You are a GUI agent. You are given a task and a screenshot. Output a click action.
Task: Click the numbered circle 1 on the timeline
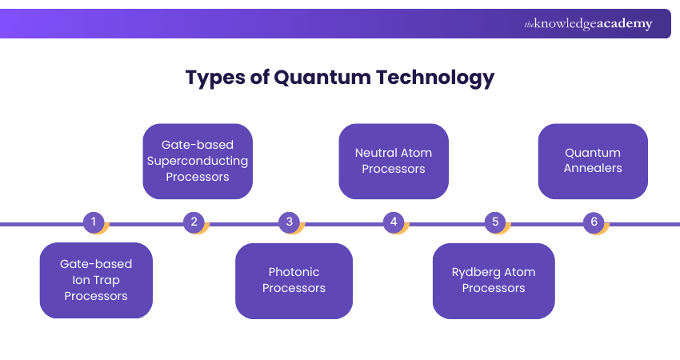coord(94,222)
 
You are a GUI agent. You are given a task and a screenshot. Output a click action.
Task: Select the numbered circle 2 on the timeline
coord(194,222)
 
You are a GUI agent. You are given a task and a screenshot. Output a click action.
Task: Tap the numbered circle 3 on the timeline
coord(290,222)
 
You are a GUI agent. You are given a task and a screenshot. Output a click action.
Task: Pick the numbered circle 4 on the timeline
coord(393,222)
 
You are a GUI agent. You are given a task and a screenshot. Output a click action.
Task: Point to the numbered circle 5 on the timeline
coord(495,222)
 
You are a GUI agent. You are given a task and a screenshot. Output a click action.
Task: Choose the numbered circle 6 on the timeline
coord(594,222)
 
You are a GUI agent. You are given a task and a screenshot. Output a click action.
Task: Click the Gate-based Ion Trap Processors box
coord(96,280)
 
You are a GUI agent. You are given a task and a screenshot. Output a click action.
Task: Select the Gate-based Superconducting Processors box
coord(198,161)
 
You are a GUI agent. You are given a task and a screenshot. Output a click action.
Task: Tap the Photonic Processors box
coord(294,280)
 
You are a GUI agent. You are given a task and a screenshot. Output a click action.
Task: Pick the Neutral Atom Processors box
coord(393,161)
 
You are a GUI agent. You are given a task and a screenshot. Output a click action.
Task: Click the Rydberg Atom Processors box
coord(494,280)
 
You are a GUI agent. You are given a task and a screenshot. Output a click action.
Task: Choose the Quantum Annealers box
coord(593,161)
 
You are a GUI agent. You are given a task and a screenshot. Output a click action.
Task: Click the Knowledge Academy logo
coord(588,24)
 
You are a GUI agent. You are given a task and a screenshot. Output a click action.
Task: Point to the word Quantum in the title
coord(314,78)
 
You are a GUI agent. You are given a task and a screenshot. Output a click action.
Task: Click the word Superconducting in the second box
coord(198,161)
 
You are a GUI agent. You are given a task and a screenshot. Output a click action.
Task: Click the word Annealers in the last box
coord(593,169)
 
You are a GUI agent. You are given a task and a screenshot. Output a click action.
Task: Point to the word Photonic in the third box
coord(294,272)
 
